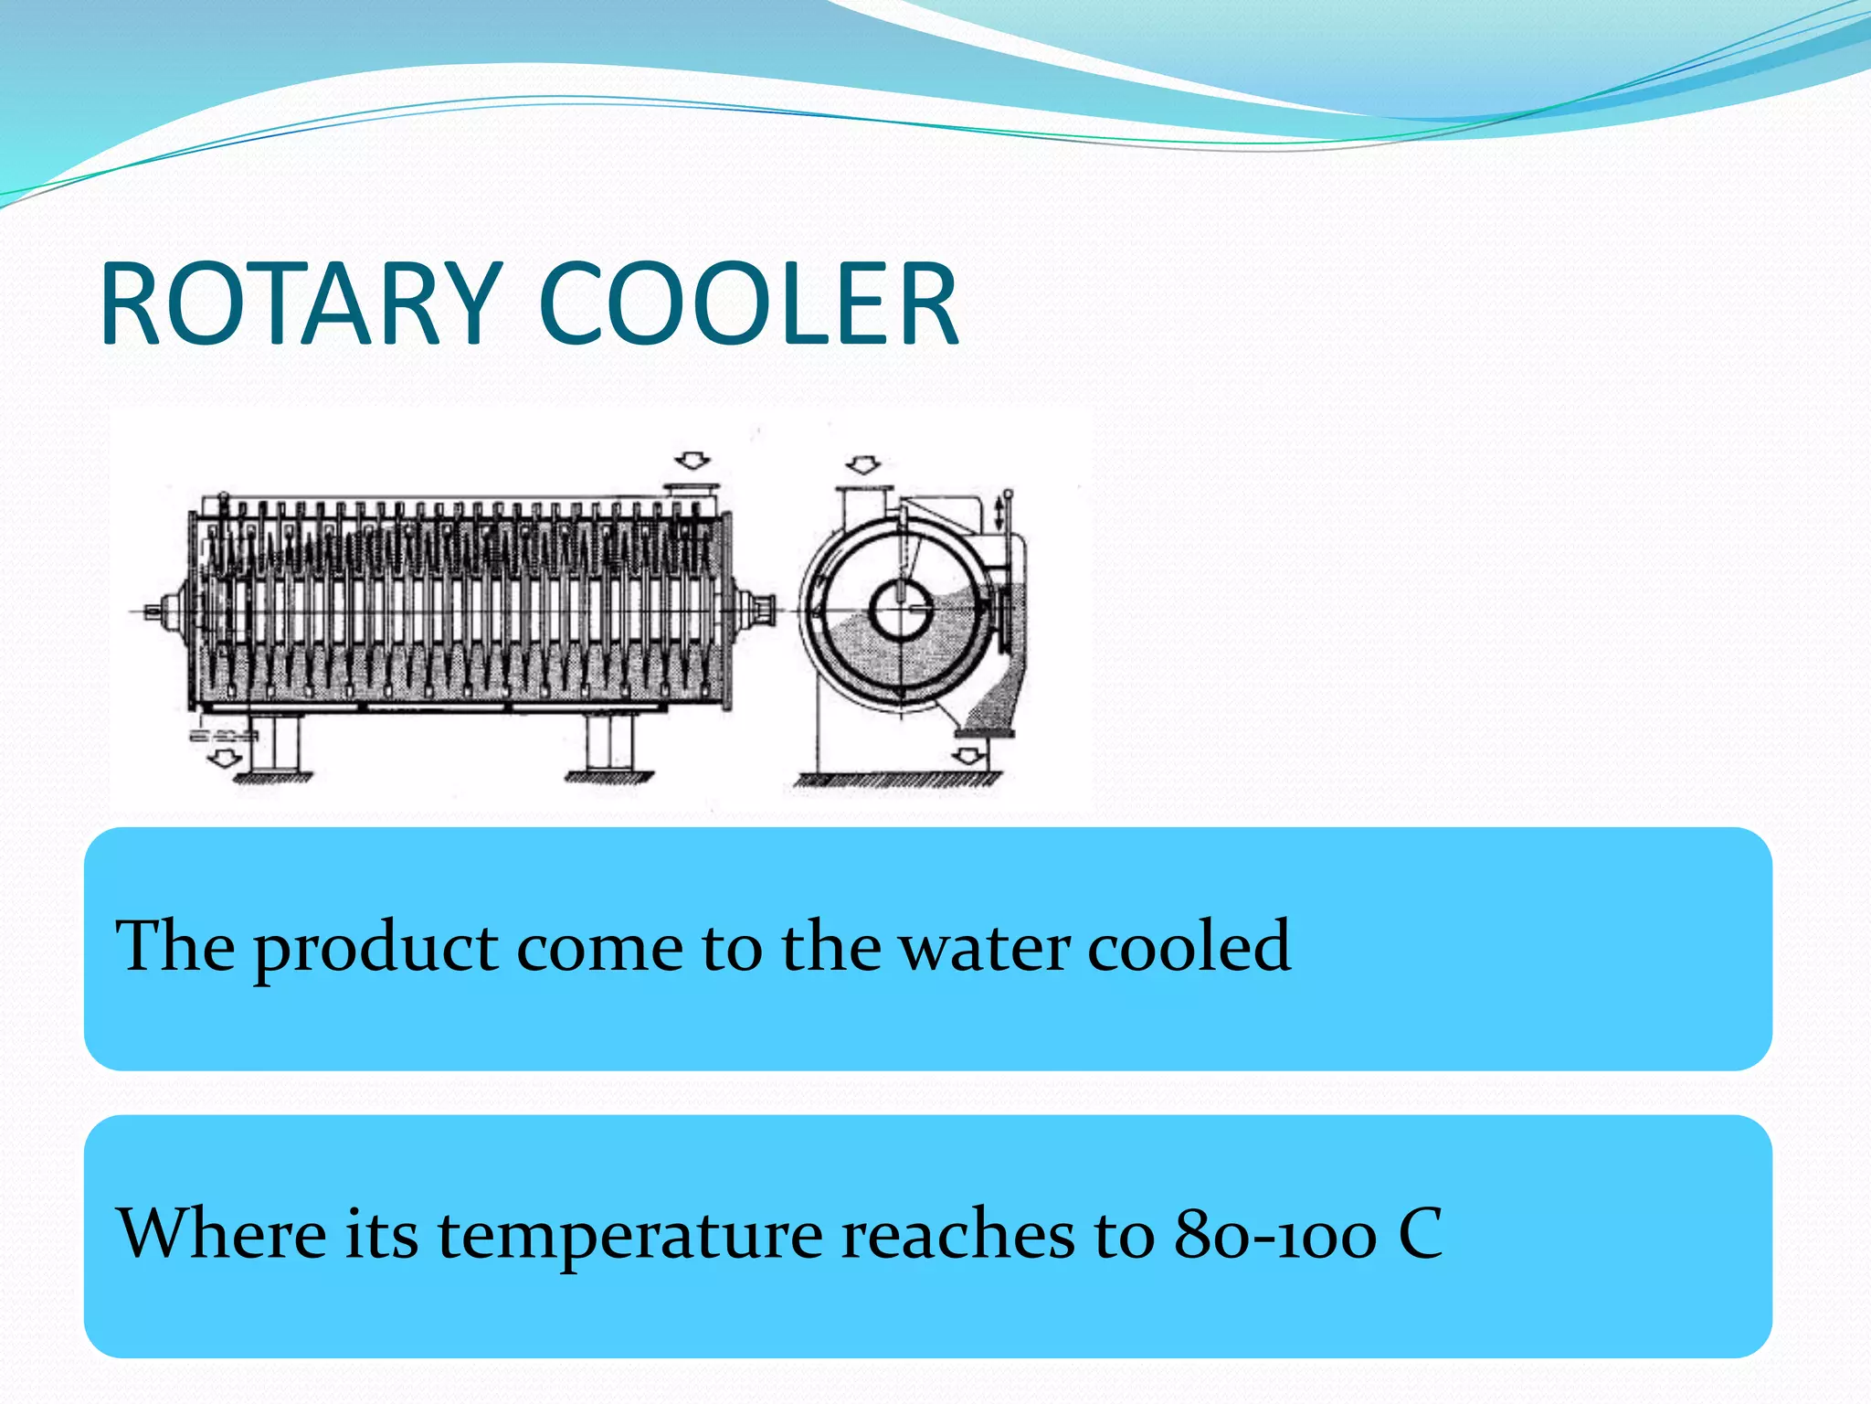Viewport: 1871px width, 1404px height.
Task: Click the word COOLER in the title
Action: (x=749, y=304)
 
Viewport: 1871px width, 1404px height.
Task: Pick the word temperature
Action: (x=630, y=1236)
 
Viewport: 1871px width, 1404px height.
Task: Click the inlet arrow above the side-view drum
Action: (x=692, y=460)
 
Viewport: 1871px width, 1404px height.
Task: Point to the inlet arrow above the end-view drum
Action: (x=862, y=465)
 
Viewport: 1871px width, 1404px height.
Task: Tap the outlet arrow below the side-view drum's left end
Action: (x=223, y=757)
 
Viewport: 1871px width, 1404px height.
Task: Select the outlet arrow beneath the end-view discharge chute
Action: (x=968, y=756)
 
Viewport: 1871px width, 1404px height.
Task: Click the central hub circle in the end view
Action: (x=900, y=610)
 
